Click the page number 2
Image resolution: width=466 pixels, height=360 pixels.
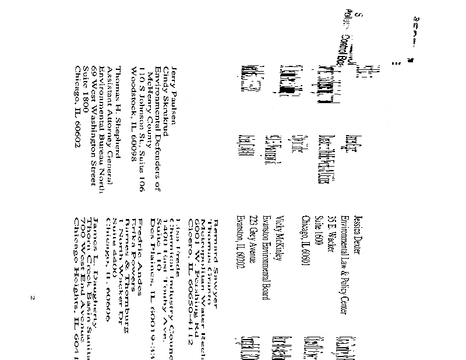33,299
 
